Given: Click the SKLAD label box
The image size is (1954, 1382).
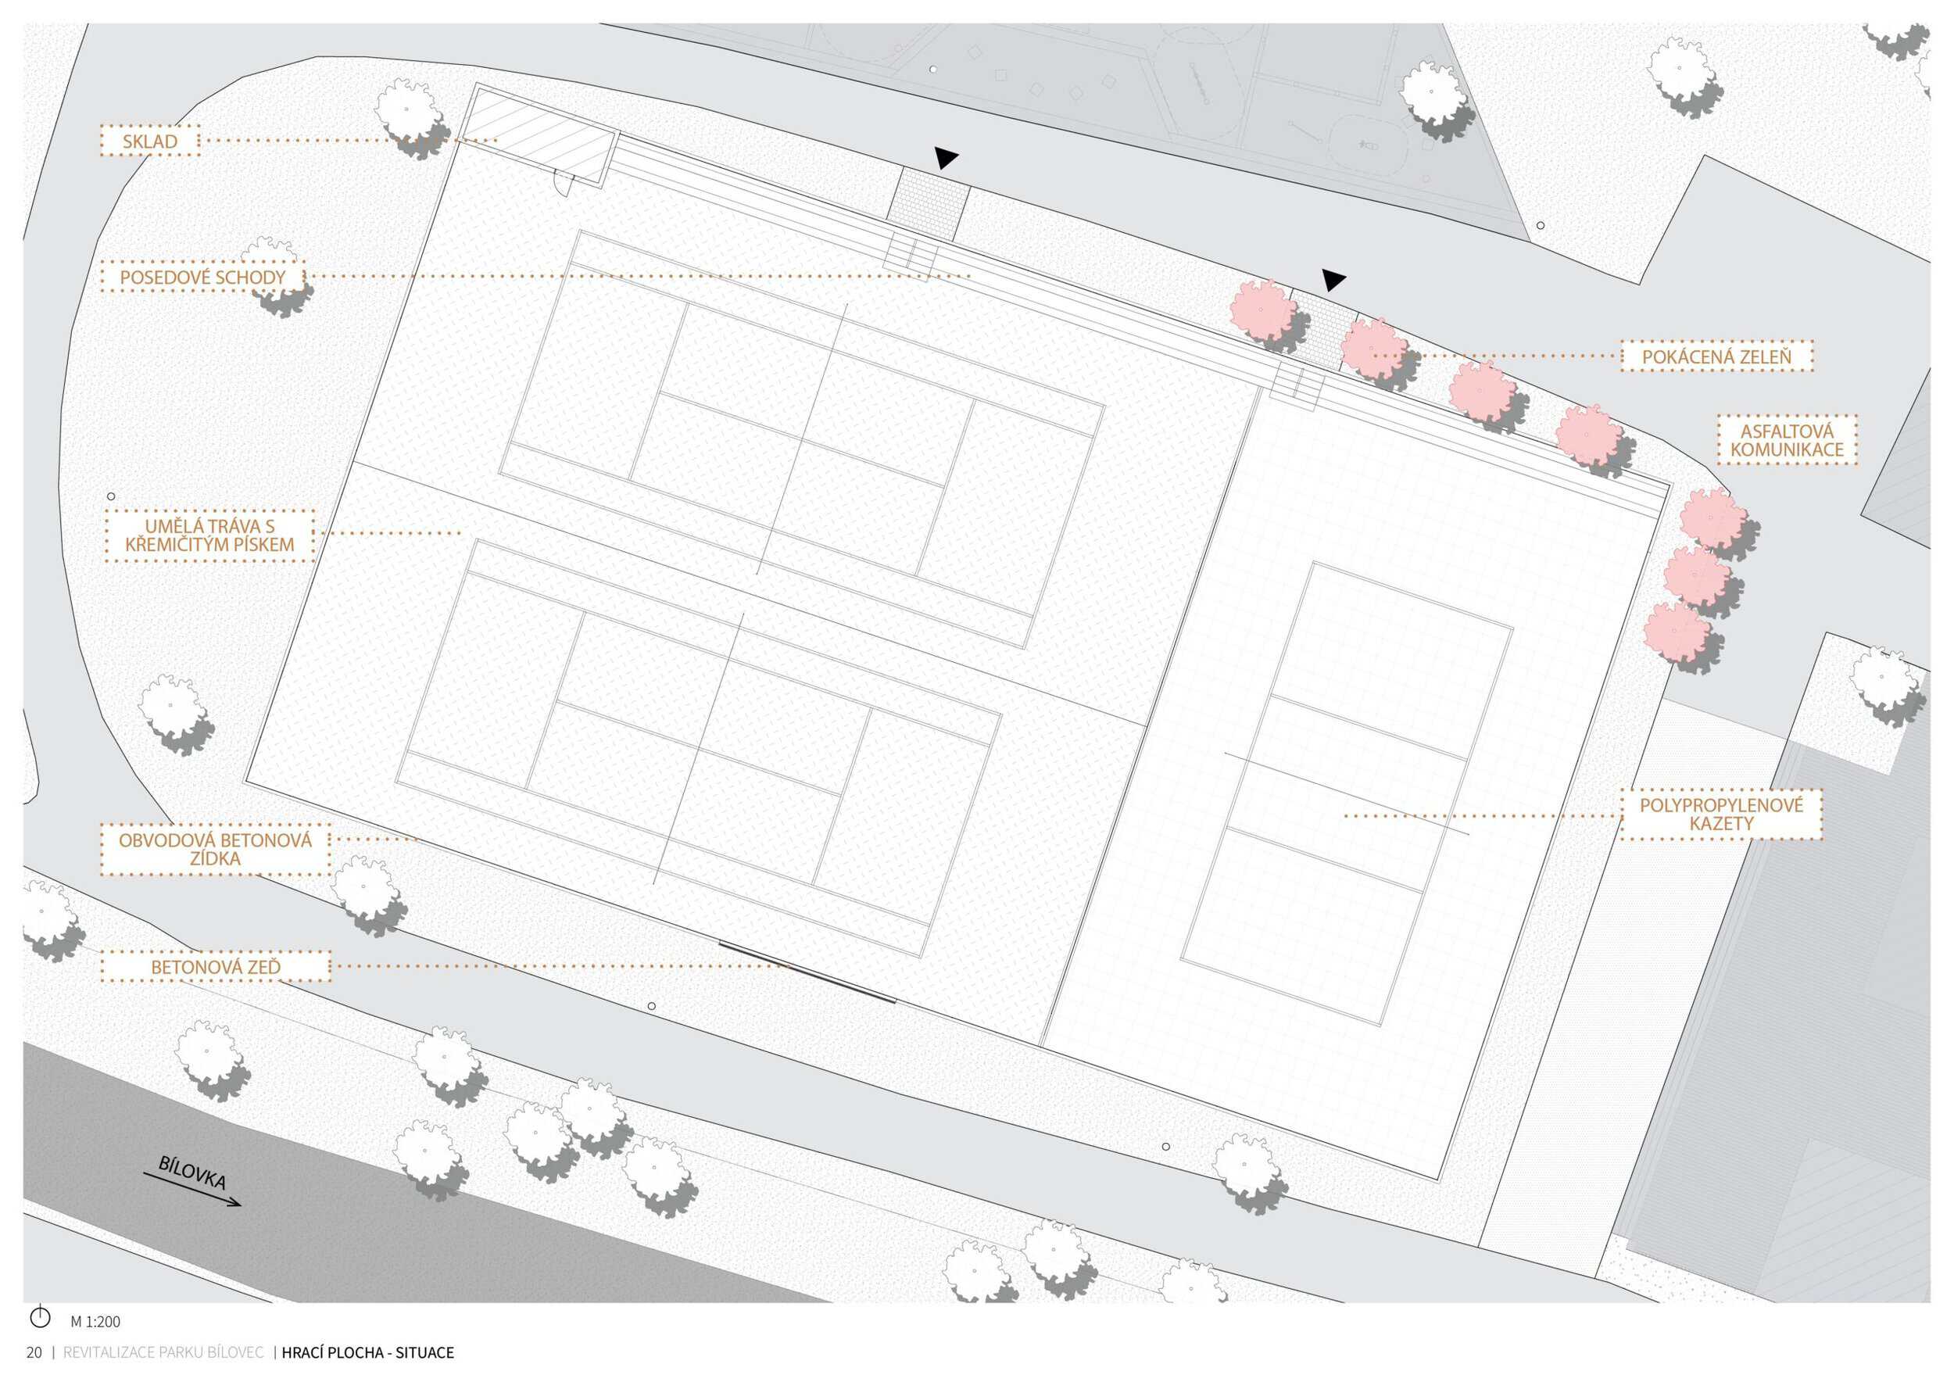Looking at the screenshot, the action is point(150,141).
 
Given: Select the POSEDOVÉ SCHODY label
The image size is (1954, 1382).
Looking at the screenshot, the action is point(202,277).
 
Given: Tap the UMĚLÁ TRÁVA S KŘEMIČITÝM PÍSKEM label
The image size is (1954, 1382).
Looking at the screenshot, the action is point(209,535).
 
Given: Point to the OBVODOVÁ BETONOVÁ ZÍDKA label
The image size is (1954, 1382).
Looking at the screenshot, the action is point(215,849).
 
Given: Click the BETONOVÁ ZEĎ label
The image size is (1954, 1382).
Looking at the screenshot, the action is point(215,967).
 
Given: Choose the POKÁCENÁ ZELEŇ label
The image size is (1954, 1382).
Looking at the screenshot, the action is point(1716,356).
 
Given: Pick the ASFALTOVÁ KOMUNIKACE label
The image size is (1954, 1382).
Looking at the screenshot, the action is point(1786,440).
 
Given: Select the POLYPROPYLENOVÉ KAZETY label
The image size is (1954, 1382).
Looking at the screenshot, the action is point(1721,814).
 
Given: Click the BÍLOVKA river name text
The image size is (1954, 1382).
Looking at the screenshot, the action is point(192,1172).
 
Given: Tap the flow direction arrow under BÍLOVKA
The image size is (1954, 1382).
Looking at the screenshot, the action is point(192,1190).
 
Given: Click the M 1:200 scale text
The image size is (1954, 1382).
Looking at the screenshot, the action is point(95,1322).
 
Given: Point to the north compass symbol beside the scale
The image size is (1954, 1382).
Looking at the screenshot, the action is point(40,1317).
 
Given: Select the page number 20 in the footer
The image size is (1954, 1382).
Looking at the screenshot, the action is point(34,1352).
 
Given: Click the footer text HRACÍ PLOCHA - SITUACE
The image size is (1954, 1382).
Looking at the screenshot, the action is point(367,1352).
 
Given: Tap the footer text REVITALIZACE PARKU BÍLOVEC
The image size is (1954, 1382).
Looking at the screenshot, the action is point(163,1352).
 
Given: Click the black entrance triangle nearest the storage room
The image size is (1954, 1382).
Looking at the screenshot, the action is point(946,157).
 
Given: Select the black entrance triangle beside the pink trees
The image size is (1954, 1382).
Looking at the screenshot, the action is point(1333,280).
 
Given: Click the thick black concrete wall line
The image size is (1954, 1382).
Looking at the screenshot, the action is point(807,972).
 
